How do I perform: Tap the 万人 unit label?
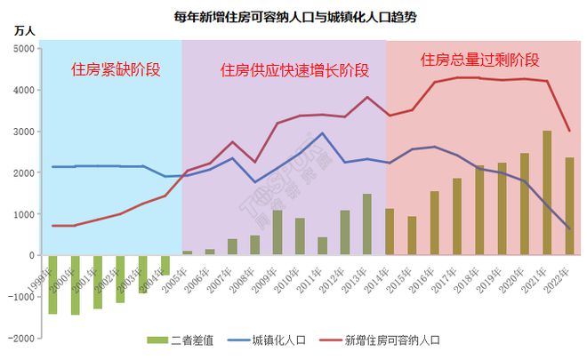[x=25, y=31]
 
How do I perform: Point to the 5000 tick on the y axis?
[x=24, y=49]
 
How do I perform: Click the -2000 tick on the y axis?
[x=22, y=338]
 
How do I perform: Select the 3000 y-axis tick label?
[x=24, y=132]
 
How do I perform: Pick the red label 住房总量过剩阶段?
[x=480, y=60]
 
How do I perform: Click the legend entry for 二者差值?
[x=178, y=339]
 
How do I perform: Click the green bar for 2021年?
[x=547, y=193]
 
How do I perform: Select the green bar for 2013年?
[x=366, y=224]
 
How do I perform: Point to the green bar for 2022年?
[x=569, y=206]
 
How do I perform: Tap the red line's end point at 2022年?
[x=569, y=131]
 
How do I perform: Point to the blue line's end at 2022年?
[x=569, y=228]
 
